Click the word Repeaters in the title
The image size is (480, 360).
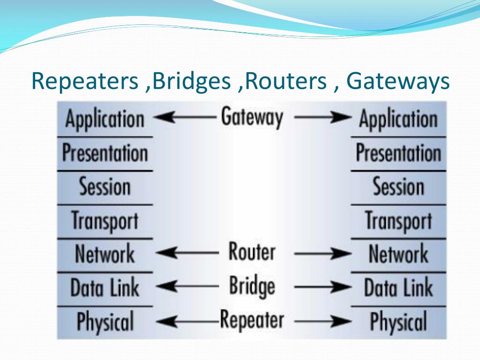tap(85, 82)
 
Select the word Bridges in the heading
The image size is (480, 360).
tap(191, 82)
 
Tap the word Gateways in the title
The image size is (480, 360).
tap(398, 82)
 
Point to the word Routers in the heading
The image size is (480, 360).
tap(286, 81)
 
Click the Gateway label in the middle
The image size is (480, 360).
tap(252, 117)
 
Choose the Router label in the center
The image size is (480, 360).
tap(252, 251)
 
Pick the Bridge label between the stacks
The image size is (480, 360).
tap(252, 286)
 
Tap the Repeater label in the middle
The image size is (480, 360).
tap(252, 320)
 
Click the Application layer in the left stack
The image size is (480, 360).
tap(105, 119)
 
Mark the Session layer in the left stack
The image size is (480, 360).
tap(105, 187)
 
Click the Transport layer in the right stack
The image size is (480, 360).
tap(398, 221)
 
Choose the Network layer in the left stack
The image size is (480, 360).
tap(105, 254)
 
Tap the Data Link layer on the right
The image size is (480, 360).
tap(398, 287)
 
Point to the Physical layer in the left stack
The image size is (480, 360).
tap(105, 322)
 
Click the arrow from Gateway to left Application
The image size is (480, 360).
tap(185, 117)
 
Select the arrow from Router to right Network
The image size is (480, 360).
tap(322, 253)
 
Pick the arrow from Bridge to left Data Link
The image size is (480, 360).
tap(187, 286)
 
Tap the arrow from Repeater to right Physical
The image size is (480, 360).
tap(322, 322)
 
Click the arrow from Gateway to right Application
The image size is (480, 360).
tap(322, 117)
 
